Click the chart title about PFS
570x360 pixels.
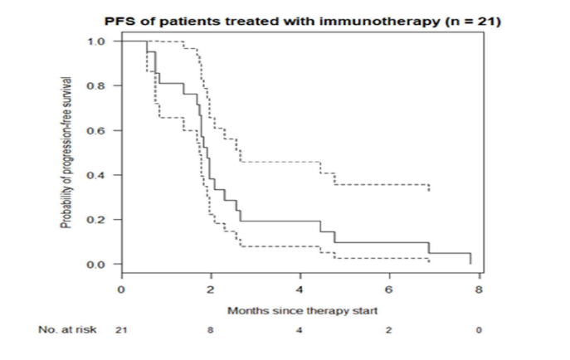point(301,22)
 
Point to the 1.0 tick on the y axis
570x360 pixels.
point(97,41)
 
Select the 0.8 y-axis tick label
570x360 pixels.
point(97,85)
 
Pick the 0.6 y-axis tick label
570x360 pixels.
point(97,130)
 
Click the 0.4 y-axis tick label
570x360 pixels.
point(97,175)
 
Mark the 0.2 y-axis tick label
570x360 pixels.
point(97,220)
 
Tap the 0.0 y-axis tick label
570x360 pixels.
point(97,265)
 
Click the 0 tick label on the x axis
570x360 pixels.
point(121,289)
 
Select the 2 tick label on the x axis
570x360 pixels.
point(211,289)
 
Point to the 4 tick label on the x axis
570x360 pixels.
point(300,289)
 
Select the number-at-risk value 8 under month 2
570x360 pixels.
point(211,330)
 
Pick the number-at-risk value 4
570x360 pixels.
point(300,330)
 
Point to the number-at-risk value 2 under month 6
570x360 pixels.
point(389,330)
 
